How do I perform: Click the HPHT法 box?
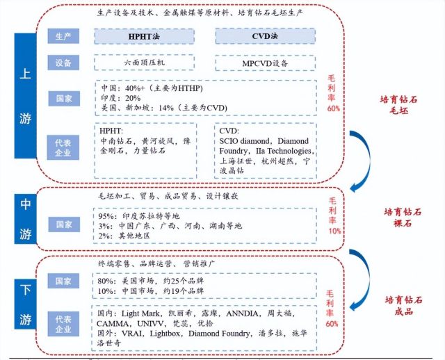pos(144,36)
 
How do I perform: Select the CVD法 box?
pos(266,36)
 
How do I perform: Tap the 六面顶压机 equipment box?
pos(144,63)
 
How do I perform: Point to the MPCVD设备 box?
pos(266,63)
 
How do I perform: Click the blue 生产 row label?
pos(63,36)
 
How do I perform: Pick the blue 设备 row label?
pos(63,63)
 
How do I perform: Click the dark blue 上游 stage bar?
pos(26,96)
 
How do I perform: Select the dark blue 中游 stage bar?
pos(26,219)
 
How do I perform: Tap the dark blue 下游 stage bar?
pos(26,304)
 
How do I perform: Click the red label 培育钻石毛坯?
pos(398,105)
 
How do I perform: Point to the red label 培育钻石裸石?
pos(403,218)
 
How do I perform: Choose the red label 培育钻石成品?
pos(403,306)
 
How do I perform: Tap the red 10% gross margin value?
pos(334,231)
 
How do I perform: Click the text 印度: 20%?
pos(121,98)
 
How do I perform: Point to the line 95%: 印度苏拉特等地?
pos(139,216)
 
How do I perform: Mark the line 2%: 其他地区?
pos(124,236)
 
